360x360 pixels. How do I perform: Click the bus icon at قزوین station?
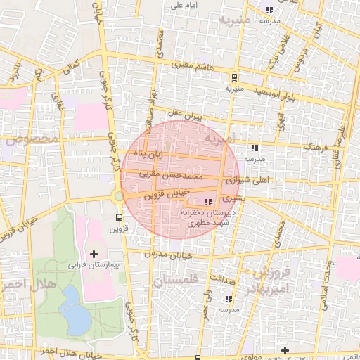[x=118, y=217]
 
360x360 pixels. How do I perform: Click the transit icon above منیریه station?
[x=234, y=78]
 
